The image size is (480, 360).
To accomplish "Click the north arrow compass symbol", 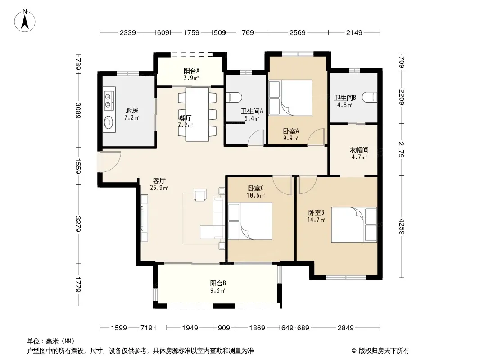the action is pos(25,20).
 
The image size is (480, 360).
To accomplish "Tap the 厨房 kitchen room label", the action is pos(131,110).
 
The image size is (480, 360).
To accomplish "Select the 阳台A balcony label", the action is pos(191,71).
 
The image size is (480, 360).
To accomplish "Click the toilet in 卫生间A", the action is pos(234,98).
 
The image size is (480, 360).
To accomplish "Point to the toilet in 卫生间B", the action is pos(370,97).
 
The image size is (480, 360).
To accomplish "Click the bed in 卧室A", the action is pos(290,98).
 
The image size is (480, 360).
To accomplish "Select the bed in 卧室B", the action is pos(354,225).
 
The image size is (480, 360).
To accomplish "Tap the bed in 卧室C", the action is pos(250,221).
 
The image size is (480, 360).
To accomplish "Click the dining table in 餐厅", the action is pos(198,114).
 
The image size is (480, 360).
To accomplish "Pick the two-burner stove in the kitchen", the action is pos(108,100).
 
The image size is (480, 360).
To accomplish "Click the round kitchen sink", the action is pos(109,122).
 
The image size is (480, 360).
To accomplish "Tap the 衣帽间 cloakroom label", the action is pos(359,150).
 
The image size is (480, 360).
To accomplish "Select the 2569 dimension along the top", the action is pos(297,32).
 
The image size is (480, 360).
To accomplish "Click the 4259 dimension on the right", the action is pos(402,227).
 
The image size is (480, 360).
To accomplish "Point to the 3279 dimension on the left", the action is pos(78,224).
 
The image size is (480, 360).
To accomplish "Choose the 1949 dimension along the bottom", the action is pos(190,328).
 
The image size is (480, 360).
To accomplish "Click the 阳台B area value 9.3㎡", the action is pos(217,291).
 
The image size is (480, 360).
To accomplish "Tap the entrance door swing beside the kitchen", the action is pos(109,162).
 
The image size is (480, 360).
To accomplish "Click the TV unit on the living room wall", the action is pos(144,218).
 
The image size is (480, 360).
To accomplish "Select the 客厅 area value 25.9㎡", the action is pos(159,188).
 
